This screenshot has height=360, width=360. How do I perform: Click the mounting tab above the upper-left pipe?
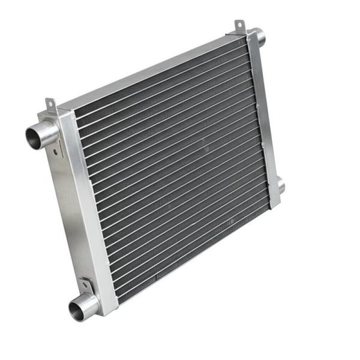pos(51,107)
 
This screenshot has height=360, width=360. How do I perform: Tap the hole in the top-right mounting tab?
pos(239,25)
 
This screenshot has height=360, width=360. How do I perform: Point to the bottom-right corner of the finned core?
pos(269,207)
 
